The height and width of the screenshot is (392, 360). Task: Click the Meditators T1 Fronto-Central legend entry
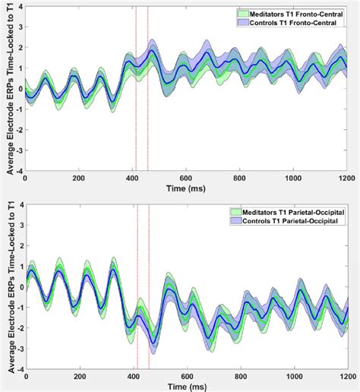click(x=297, y=14)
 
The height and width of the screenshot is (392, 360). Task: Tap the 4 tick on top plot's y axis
click(x=19, y=7)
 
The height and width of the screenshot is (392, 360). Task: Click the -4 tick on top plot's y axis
click(x=17, y=171)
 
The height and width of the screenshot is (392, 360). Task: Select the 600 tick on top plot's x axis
click(x=187, y=178)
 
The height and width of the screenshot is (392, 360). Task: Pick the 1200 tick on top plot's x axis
click(x=346, y=178)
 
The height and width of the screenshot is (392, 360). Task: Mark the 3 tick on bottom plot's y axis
click(x=19, y=226)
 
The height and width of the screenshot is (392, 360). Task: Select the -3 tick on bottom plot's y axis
click(x=17, y=349)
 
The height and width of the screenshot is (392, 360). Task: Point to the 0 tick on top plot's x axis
click(x=26, y=178)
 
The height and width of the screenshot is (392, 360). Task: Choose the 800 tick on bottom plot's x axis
click(x=241, y=377)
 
